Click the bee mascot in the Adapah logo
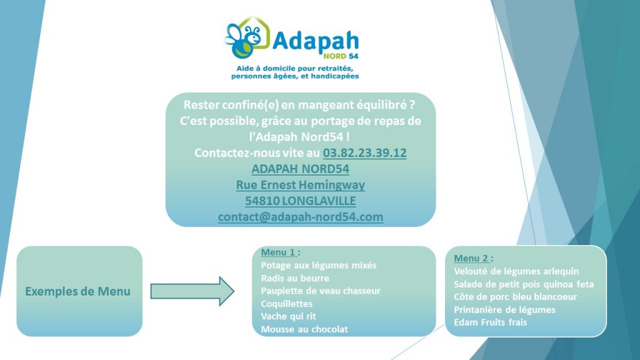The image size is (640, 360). tap(244, 41)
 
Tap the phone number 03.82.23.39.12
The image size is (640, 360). tap(364, 152)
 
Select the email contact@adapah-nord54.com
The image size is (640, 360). tap(301, 217)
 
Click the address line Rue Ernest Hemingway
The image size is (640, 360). tap(301, 185)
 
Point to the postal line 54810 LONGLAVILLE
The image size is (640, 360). tap(301, 201)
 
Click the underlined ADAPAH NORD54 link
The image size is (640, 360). tap(301, 169)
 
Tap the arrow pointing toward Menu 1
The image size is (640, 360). tap(192, 291)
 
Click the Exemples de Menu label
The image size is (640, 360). tap(78, 291)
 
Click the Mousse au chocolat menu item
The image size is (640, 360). tap(304, 329)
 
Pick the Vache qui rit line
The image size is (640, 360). tap(289, 316)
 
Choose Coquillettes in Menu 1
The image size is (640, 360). tap(286, 304)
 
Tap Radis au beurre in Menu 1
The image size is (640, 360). tap(295, 278)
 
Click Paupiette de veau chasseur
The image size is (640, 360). tap(321, 291)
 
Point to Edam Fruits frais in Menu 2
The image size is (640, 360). tap(490, 322)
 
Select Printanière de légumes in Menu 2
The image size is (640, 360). tap(504, 310)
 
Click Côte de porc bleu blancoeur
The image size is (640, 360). tap(516, 297)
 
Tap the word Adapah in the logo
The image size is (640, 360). tap(316, 41)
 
